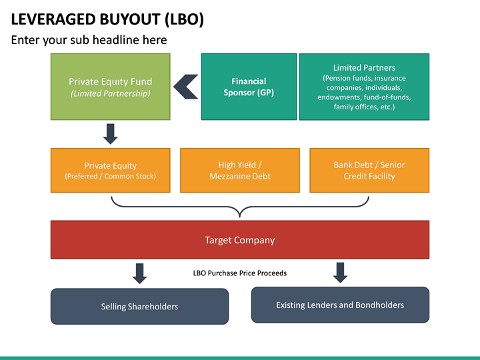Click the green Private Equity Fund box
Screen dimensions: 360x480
(x=111, y=87)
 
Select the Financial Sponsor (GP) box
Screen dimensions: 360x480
(x=249, y=87)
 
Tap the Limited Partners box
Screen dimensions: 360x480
(x=364, y=87)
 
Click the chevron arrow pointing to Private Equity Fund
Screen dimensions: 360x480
(x=185, y=87)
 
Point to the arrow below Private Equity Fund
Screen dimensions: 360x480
(x=111, y=133)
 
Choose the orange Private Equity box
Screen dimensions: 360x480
(x=111, y=171)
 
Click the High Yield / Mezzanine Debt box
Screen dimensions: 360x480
(x=240, y=171)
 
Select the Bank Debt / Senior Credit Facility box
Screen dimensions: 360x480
(x=369, y=171)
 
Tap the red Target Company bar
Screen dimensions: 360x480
(x=240, y=240)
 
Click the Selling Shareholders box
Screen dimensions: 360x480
(x=139, y=306)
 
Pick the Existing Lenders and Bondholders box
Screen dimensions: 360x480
(x=340, y=305)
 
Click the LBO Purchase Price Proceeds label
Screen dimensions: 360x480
(x=240, y=273)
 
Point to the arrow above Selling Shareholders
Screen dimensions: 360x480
(x=139, y=273)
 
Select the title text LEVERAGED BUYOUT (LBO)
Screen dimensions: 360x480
(x=107, y=19)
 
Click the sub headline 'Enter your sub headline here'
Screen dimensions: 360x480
(x=89, y=40)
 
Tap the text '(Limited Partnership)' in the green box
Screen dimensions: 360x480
(x=111, y=94)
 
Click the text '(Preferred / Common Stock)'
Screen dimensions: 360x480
(x=111, y=177)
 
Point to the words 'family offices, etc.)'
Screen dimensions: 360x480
(x=364, y=107)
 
